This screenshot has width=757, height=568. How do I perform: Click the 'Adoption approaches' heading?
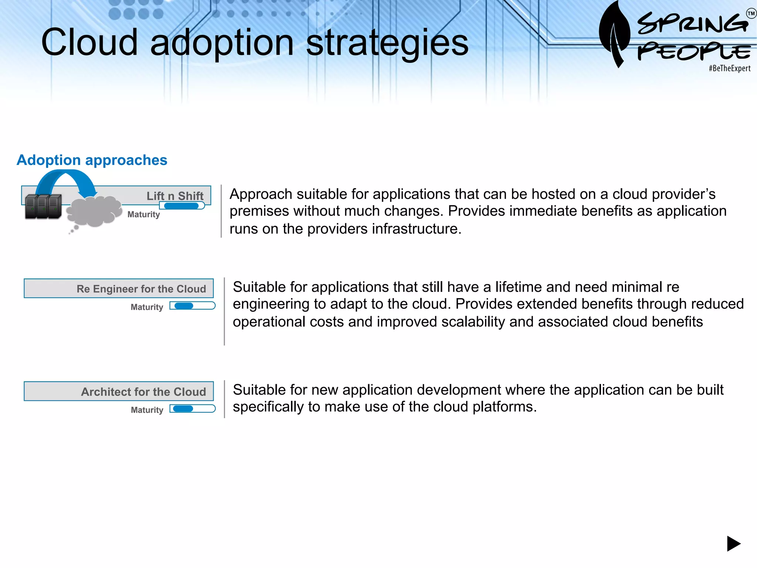(92, 160)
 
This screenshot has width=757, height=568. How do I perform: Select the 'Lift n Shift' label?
(175, 196)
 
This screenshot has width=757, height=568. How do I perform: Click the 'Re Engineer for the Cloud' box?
(119, 288)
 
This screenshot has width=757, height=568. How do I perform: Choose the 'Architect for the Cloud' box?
(119, 391)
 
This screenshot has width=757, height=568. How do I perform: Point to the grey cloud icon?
(94, 212)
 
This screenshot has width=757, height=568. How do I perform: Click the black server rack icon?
(43, 206)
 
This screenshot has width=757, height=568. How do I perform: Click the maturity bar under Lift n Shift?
(182, 206)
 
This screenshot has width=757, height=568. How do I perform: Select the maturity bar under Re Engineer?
(192, 306)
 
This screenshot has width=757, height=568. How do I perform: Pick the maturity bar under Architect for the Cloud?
(192, 409)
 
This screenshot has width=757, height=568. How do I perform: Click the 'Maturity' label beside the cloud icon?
(143, 214)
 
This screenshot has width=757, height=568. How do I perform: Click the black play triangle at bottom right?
(733, 544)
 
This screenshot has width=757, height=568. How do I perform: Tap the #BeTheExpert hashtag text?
(729, 68)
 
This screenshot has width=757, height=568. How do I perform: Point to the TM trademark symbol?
(751, 14)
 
